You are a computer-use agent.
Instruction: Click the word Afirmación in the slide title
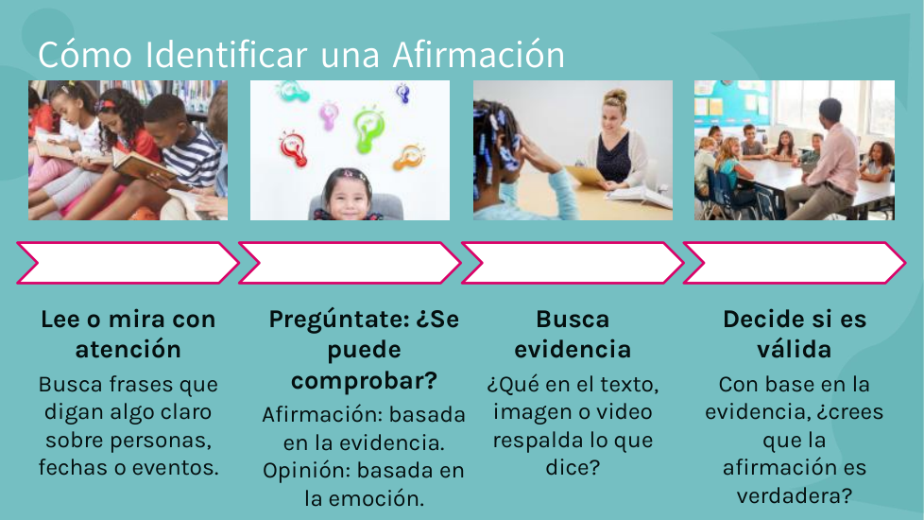pyautogui.click(x=478, y=54)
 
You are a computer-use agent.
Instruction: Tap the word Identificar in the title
pyautogui.click(x=226, y=54)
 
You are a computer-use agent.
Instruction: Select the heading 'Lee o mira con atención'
pyautogui.click(x=128, y=335)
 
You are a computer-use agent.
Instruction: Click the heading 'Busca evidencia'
pyautogui.click(x=573, y=335)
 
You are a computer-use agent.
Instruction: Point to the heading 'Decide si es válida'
pyautogui.click(x=795, y=335)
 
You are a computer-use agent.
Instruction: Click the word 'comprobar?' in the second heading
pyautogui.click(x=364, y=380)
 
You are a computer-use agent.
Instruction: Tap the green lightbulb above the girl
pyautogui.click(x=369, y=129)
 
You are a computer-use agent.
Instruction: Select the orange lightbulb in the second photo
pyautogui.click(x=410, y=157)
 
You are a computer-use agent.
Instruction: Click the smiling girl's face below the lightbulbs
pyautogui.click(x=348, y=196)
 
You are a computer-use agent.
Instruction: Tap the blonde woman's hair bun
pyautogui.click(x=615, y=95)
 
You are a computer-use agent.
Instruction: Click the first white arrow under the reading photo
pyautogui.click(x=128, y=263)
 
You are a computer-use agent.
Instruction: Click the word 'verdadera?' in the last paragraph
pyautogui.click(x=795, y=495)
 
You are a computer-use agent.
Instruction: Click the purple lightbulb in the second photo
pyautogui.click(x=329, y=115)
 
